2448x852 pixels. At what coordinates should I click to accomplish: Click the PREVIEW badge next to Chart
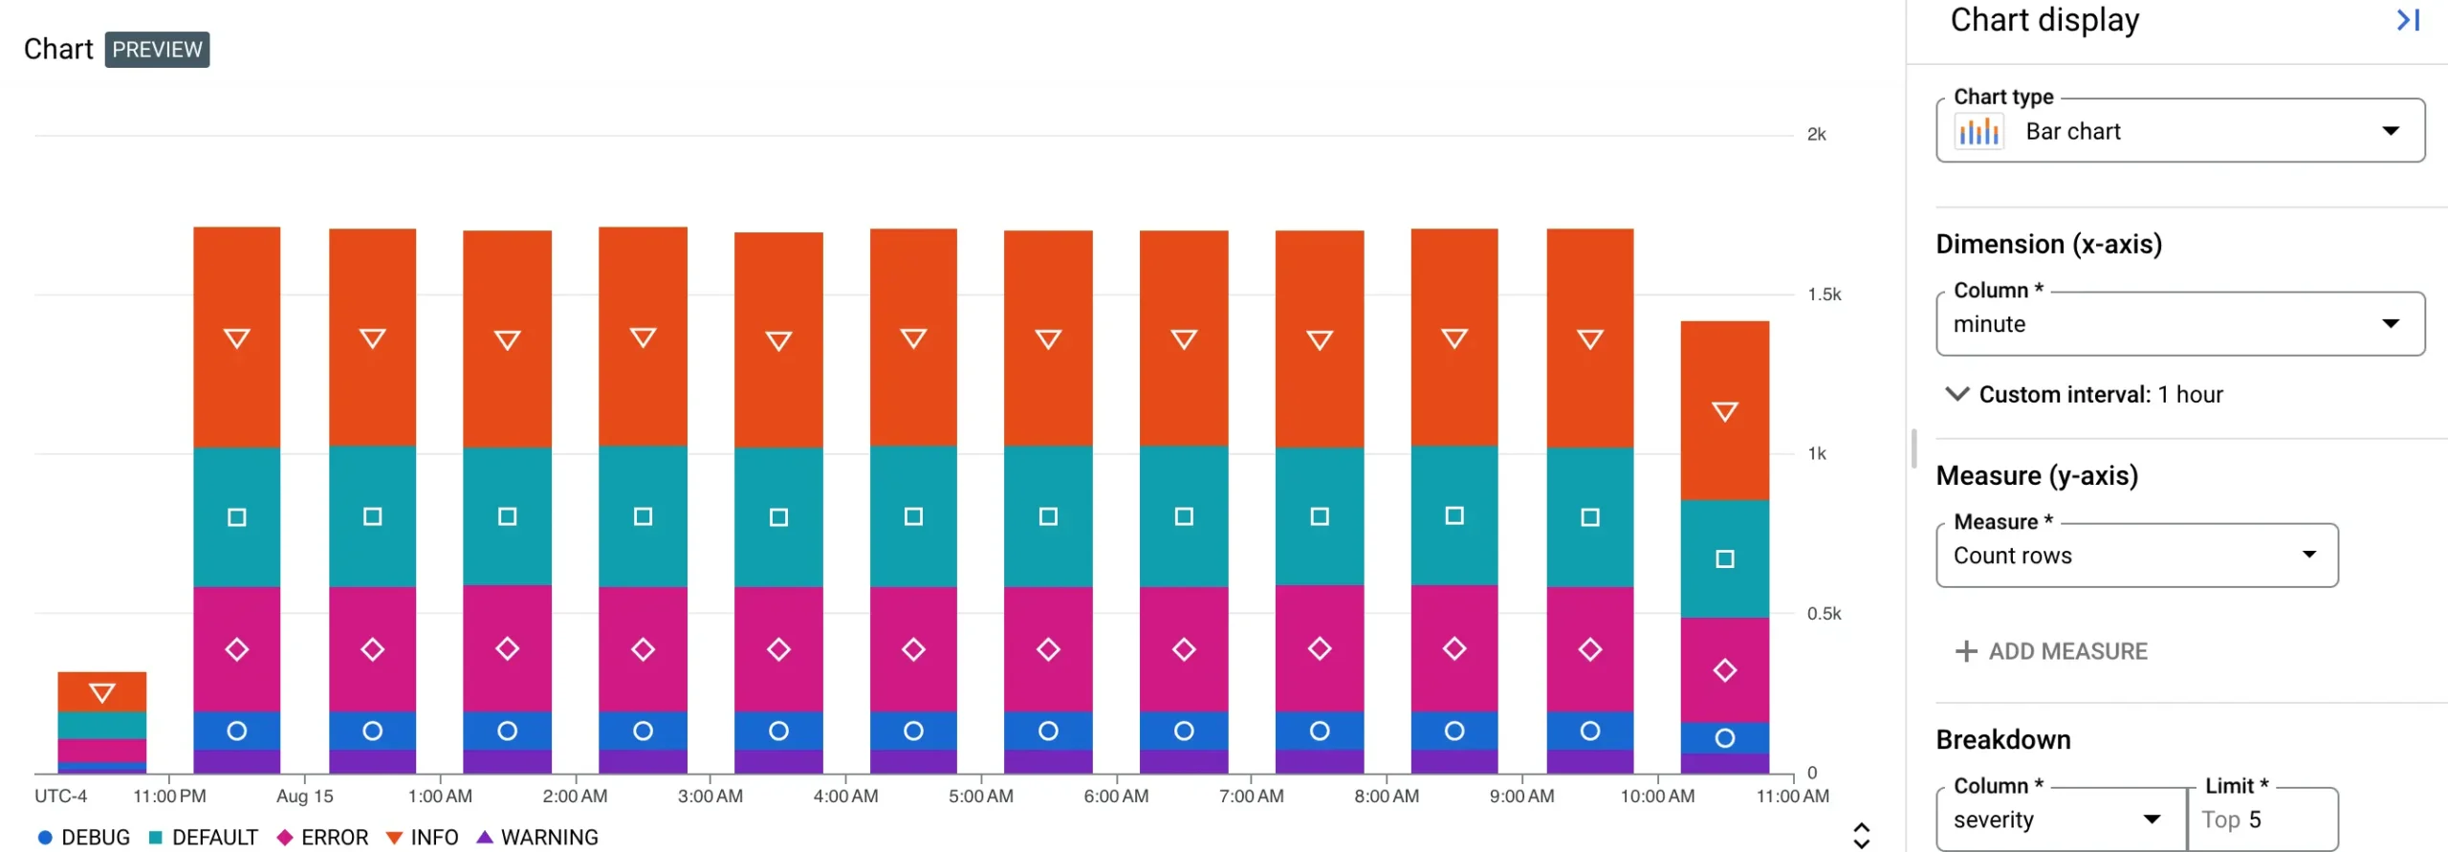tap(157, 50)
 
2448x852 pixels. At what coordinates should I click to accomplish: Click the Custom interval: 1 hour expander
tap(2085, 394)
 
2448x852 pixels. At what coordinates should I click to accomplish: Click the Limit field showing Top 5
tap(2262, 819)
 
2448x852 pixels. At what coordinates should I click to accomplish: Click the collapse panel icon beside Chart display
tap(2407, 20)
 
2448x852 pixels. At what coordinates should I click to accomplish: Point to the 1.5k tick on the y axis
tap(1823, 295)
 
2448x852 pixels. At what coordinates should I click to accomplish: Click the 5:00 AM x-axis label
tap(980, 796)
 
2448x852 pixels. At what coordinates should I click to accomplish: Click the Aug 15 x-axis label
tap(304, 796)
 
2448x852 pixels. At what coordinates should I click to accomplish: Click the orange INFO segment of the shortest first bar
tap(101, 691)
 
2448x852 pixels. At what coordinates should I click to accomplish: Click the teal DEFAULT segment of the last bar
tap(1724, 559)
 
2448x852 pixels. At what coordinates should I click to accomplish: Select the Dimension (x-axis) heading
tap(2048, 244)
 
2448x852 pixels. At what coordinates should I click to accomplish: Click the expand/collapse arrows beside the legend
tap(1861, 835)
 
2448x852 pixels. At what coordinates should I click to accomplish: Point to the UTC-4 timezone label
tap(60, 796)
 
